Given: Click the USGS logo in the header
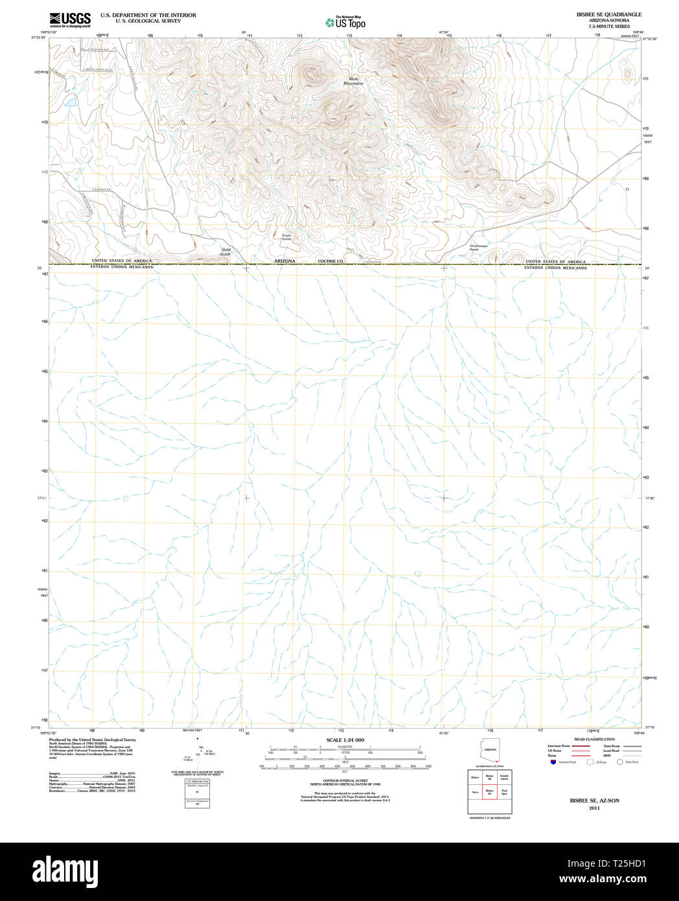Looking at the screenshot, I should point(70,20).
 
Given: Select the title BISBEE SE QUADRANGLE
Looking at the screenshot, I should point(599,14).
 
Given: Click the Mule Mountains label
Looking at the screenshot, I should point(353,82).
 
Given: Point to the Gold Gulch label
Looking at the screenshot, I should point(225,252).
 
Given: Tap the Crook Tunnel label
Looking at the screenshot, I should point(286,237).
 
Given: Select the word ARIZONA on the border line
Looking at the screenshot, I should point(284,261).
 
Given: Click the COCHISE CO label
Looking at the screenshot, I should point(330,261).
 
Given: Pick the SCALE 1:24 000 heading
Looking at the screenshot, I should point(345,740).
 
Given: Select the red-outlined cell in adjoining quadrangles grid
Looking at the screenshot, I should point(489,791).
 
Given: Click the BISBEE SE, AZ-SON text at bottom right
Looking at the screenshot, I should point(594,801).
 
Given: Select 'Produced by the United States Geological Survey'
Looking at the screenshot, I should point(92,739).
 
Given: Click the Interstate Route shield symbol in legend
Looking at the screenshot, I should point(553,762).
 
